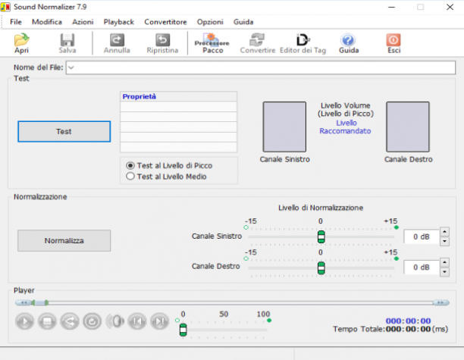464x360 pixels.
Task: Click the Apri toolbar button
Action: (21, 43)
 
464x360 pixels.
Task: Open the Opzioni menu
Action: (210, 22)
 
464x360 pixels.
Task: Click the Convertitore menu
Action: (165, 22)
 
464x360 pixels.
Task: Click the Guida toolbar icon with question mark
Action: (348, 40)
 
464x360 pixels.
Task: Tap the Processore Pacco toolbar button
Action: (212, 43)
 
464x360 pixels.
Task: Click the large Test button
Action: (64, 131)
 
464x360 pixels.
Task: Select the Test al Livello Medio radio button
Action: (130, 177)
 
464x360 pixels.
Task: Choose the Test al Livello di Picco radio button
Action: (130, 165)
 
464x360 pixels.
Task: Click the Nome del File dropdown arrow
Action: (71, 67)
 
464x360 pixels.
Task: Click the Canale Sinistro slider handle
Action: (321, 237)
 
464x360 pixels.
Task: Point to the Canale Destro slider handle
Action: (321, 268)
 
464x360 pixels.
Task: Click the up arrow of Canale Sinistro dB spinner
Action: (444, 232)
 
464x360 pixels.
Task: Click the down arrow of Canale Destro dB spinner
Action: (444, 272)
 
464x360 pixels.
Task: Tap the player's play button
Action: (24, 321)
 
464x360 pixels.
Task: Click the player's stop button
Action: (47, 321)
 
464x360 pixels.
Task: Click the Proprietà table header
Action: (178, 96)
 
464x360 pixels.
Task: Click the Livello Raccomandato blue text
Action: (345, 127)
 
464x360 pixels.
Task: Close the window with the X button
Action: (450, 7)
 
